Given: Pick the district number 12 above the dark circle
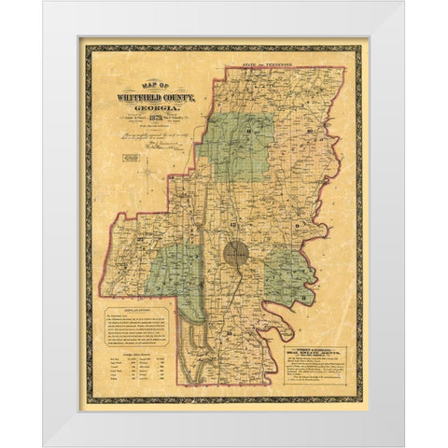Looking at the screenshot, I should tap(237, 227).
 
